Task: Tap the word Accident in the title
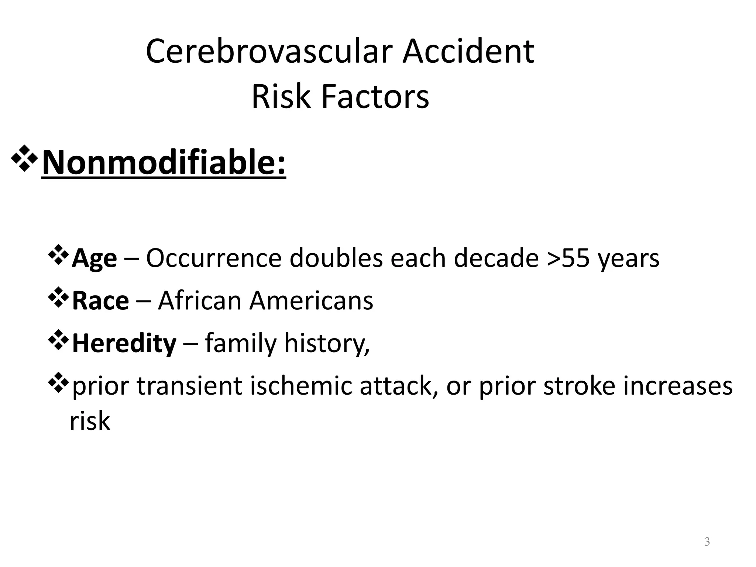468,52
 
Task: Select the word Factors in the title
375,97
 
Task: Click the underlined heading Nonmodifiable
164,163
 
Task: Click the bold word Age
94,259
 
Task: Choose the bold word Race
100,301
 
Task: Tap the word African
200,301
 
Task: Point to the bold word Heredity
124,344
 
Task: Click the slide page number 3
707,542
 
